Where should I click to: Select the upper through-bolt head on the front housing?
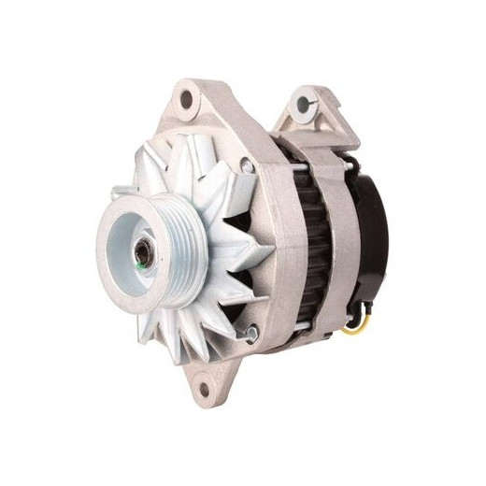[247, 165]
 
